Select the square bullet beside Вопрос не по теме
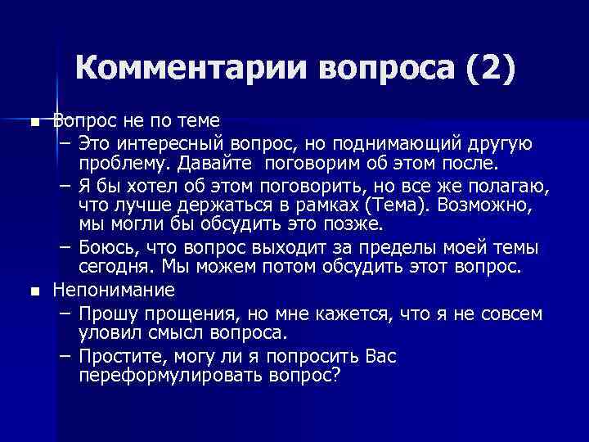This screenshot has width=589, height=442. [x=34, y=123]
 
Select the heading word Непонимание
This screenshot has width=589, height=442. [x=114, y=290]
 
